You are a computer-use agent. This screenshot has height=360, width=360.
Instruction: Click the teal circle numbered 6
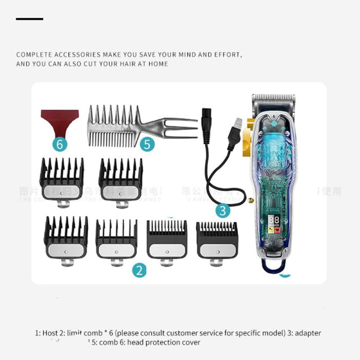61,145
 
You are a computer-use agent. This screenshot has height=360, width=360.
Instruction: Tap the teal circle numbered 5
148,145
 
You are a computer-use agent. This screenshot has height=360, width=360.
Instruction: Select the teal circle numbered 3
222,210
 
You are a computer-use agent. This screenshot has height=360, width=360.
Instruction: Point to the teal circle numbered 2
139,270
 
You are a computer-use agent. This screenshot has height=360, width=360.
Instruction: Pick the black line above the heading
29,19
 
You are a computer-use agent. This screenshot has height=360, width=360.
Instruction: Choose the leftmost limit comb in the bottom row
65,239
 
